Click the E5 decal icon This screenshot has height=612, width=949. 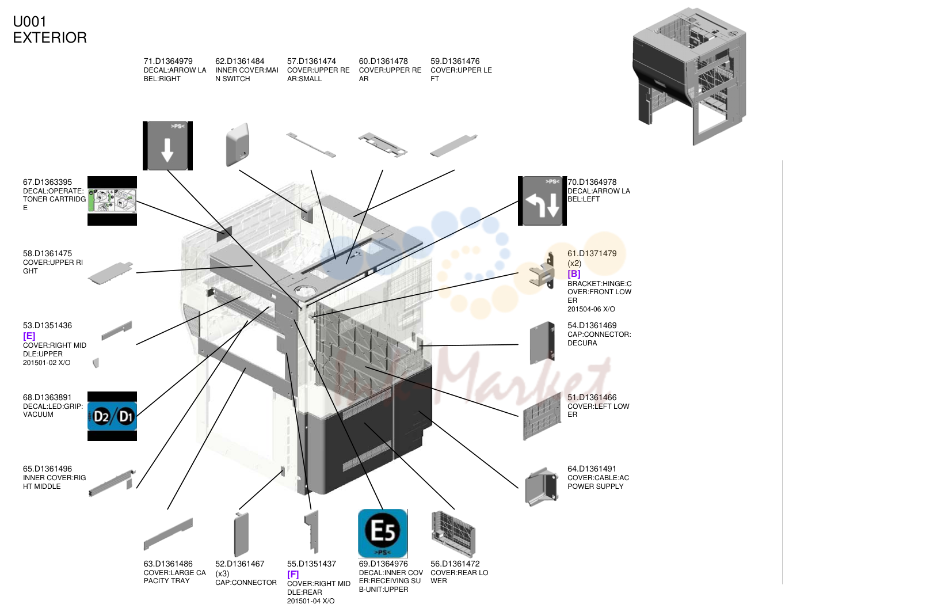(383, 533)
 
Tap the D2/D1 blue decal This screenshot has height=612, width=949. (112, 416)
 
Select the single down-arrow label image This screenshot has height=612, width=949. (168, 146)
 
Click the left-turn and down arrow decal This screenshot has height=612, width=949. (542, 201)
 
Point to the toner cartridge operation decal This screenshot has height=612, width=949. (112, 201)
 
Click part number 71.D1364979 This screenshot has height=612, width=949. (168, 62)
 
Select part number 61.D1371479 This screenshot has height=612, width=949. (592, 253)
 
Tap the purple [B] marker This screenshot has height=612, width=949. (574, 274)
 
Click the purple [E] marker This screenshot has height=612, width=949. (29, 336)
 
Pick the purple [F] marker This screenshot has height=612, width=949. (293, 574)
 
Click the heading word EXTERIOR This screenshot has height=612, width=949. (49, 38)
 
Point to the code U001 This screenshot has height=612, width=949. (29, 22)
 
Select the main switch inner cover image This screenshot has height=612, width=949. (238, 145)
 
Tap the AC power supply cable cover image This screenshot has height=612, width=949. (541, 487)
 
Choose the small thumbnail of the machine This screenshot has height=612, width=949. (689, 77)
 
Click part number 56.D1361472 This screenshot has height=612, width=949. (455, 564)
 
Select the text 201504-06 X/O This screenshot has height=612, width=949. (591, 309)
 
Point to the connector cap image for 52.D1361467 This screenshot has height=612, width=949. (241, 534)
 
